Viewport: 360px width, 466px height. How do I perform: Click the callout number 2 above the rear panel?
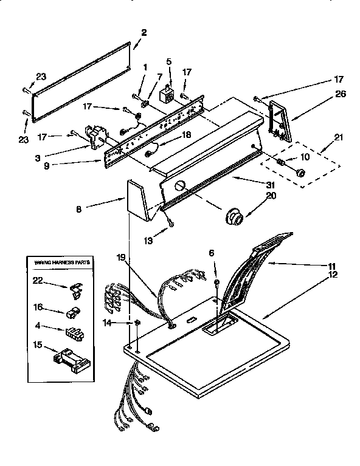click(x=144, y=32)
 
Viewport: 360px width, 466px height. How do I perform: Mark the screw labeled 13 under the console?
click(x=170, y=222)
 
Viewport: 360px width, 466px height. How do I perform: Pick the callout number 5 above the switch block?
click(x=169, y=61)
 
